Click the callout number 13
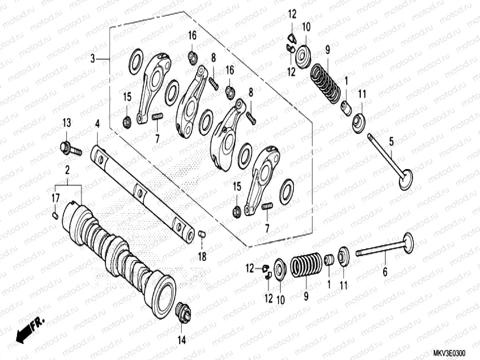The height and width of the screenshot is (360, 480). tap(66, 123)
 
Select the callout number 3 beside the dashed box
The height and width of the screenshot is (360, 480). tap(92, 58)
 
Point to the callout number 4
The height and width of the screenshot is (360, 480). tap(97, 125)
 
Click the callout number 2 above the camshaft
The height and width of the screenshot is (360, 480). tap(67, 169)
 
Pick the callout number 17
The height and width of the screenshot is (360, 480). tap(56, 198)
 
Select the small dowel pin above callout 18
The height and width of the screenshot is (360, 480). tap(201, 235)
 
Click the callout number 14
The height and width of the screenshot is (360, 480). tap(182, 340)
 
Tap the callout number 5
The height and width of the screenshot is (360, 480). tap(391, 141)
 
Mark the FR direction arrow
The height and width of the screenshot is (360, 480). tap(31, 327)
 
